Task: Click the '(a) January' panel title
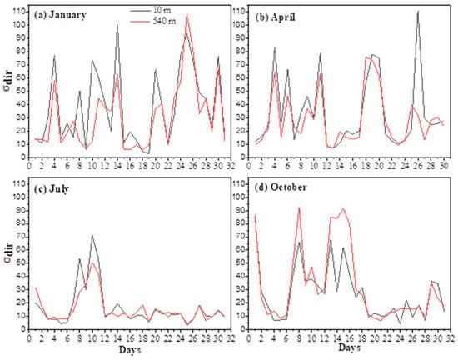(x=60, y=15)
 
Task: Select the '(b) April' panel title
(x=276, y=17)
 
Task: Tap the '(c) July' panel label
(x=52, y=189)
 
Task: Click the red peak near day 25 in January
(x=187, y=14)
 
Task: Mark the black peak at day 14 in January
(x=117, y=25)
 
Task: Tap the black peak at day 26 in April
(x=418, y=12)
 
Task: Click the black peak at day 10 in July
(x=92, y=236)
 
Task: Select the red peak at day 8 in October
(x=299, y=207)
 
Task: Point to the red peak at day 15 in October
(x=343, y=209)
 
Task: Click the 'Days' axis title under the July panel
(x=130, y=349)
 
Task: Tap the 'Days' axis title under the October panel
(x=350, y=347)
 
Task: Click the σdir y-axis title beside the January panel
(x=9, y=83)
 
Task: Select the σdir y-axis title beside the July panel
(x=9, y=255)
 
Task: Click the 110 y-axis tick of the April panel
(x=239, y=12)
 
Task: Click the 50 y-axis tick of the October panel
(x=241, y=262)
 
